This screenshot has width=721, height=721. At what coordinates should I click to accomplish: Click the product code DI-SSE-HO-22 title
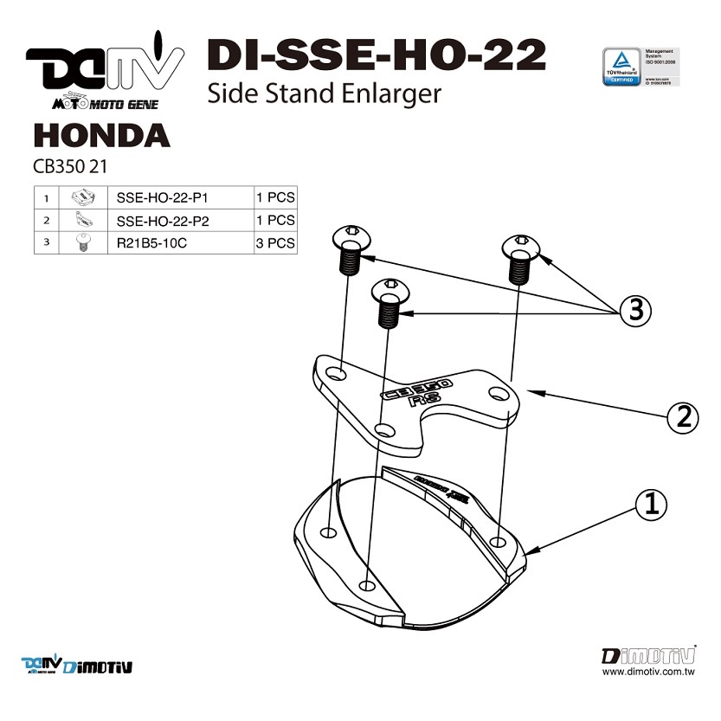coord(376,55)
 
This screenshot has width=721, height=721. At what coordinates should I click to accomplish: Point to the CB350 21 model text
coord(68,165)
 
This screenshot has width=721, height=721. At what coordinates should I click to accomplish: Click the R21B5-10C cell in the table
coord(151,243)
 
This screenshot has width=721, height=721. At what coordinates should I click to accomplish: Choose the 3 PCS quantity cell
coord(275,243)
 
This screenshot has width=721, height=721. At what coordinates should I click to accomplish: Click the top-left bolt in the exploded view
coord(351,248)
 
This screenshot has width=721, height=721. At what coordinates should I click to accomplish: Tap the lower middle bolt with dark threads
coord(389,302)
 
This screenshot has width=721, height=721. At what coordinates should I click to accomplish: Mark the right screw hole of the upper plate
coord(498,394)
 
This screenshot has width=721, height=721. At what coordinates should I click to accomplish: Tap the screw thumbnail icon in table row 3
coord(80,243)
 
